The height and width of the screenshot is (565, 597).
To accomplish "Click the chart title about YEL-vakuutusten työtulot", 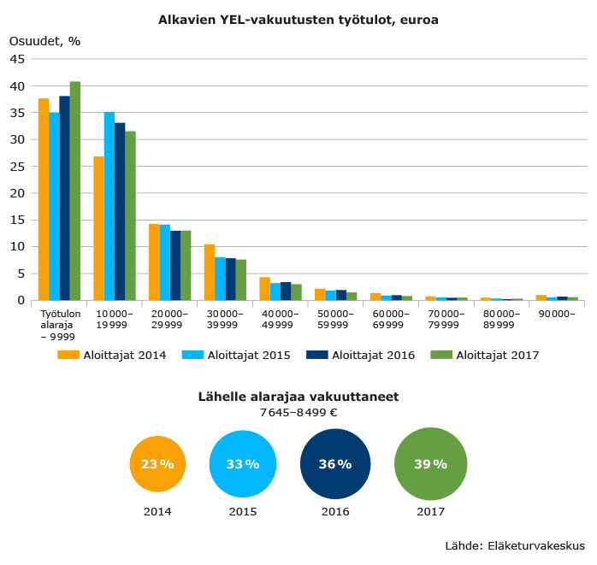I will point(298,20).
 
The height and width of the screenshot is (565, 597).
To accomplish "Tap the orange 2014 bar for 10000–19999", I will point(99,228).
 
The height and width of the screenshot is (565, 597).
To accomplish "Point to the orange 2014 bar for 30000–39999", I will point(210,272).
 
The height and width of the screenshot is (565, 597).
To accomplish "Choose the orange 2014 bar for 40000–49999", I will point(265,289).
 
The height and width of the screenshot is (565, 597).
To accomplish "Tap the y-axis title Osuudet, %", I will point(44,40).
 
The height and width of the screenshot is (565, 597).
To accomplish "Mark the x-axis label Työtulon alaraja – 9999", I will point(60,325).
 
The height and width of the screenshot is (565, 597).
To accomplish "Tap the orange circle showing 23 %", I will point(157,464).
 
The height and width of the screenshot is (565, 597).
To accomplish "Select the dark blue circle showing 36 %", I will point(335,464).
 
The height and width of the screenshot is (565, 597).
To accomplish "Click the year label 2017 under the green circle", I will point(430,512).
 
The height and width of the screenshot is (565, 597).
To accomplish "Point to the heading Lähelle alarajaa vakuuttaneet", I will point(298,397).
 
